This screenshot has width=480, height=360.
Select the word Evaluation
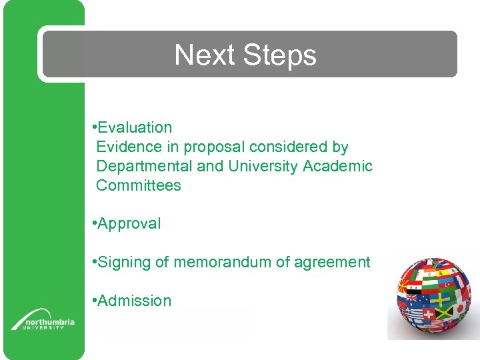click(135, 127)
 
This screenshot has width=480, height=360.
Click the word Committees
click(139, 185)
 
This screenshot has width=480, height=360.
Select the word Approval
click(129, 224)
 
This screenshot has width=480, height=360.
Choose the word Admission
click(134, 301)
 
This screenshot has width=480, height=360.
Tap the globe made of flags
click(434, 297)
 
